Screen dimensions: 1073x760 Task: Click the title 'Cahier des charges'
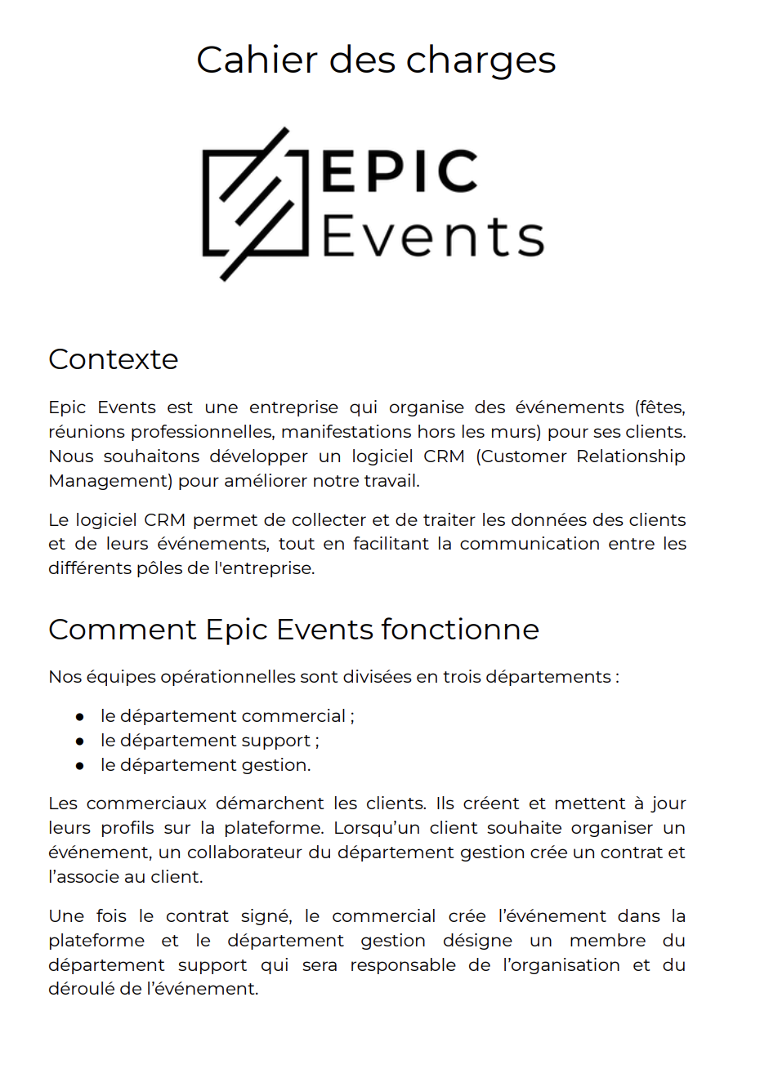(x=376, y=60)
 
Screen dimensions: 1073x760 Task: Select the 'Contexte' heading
(x=114, y=359)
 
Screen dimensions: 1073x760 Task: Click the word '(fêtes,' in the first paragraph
(x=659, y=407)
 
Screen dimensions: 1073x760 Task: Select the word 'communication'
(x=530, y=544)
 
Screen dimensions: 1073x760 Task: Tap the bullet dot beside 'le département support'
(x=80, y=741)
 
